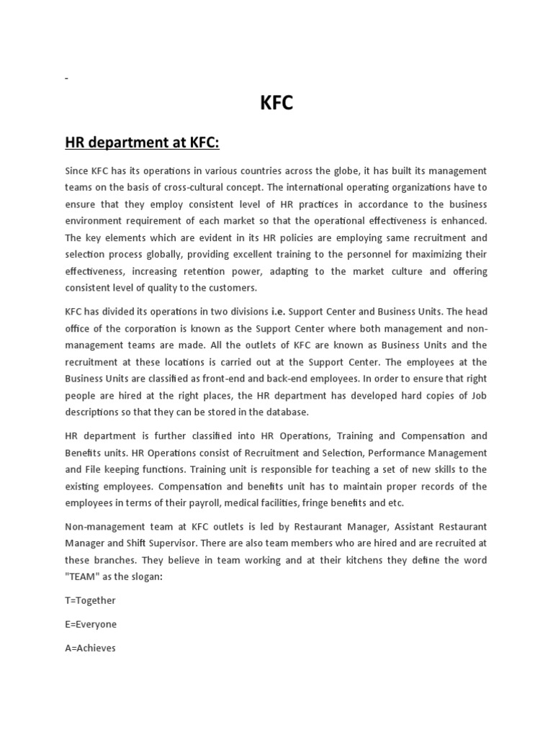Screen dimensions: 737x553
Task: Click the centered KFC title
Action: pyautogui.click(x=276, y=104)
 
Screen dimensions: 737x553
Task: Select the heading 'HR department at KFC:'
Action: pyautogui.click(x=142, y=143)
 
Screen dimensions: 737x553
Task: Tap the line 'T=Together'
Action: pyautogui.click(x=90, y=600)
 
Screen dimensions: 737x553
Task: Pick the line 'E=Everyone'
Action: pyautogui.click(x=90, y=624)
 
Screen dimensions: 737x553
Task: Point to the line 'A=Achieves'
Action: pyautogui.click(x=90, y=648)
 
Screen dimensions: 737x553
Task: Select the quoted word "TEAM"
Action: pyautogui.click(x=83, y=577)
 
